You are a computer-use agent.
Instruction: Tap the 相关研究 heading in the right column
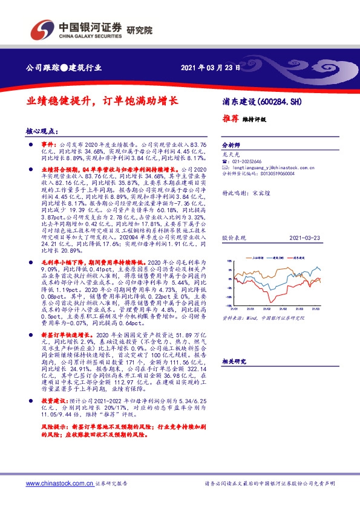pos(234,361)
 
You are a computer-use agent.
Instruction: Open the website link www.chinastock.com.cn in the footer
pos(59,484)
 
